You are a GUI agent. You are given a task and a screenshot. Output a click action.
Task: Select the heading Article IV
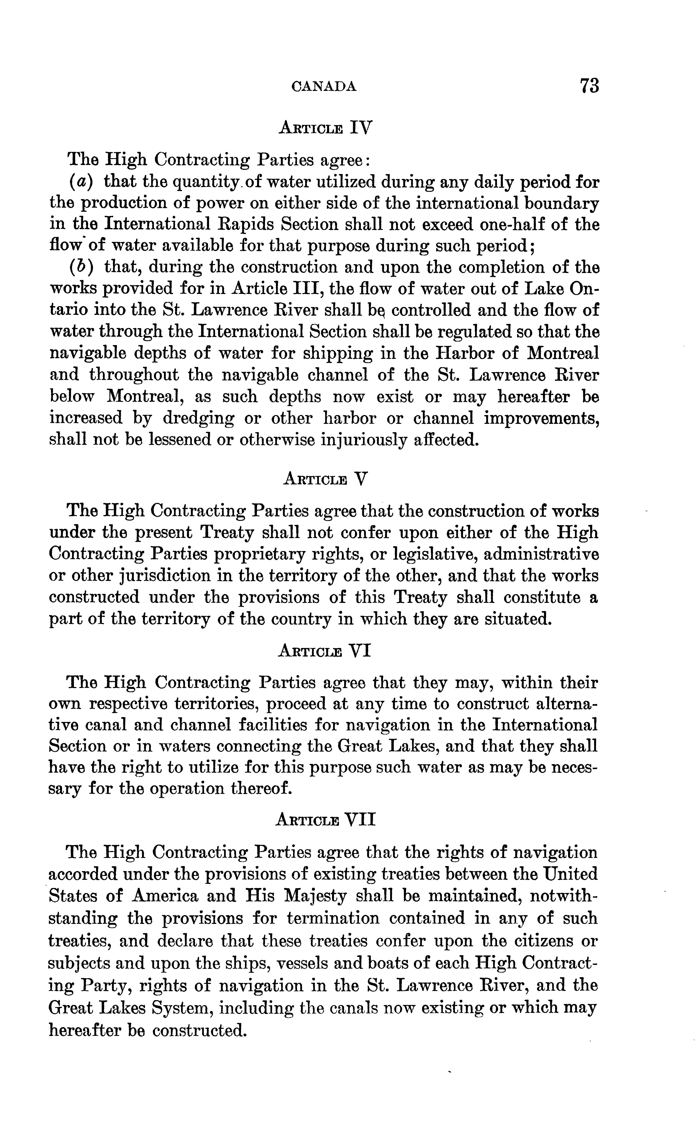click(x=325, y=126)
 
